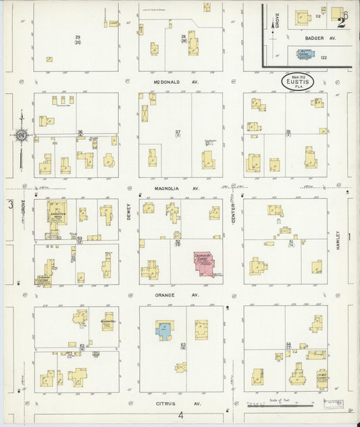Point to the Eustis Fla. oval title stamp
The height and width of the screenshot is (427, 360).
pyautogui.click(x=297, y=80)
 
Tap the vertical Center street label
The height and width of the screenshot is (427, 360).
pyautogui.click(x=234, y=216)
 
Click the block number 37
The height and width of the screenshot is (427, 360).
pyautogui.click(x=178, y=132)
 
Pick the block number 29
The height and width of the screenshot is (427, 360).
pyautogui.click(x=78, y=36)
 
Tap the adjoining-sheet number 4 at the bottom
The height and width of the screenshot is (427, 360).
pyautogui.click(x=180, y=415)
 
